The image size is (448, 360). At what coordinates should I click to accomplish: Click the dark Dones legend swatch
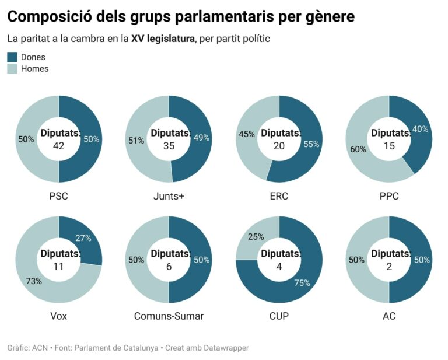(x=12, y=57)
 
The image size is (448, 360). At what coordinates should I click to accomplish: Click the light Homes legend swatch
(x=12, y=69)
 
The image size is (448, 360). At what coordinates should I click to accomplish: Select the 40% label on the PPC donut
(x=420, y=129)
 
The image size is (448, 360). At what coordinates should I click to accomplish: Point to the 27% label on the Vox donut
(x=83, y=237)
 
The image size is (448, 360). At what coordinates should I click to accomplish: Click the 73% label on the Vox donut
(x=34, y=281)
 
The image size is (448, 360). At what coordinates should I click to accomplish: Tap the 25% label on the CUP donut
(x=256, y=237)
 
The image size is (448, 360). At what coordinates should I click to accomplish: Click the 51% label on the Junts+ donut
(x=136, y=140)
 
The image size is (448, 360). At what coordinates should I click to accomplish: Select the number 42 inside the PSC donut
(x=59, y=146)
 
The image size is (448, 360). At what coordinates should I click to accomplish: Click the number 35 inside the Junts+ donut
(x=169, y=146)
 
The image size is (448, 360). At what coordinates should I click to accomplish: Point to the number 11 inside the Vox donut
(x=59, y=266)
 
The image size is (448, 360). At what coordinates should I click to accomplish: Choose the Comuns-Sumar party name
(x=169, y=317)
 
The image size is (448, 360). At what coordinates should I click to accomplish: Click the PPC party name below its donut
(x=389, y=197)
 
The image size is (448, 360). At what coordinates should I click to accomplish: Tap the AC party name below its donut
(x=389, y=317)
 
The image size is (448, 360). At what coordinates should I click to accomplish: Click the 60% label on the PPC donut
(x=358, y=149)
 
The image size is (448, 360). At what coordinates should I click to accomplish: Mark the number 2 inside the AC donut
(x=389, y=266)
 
